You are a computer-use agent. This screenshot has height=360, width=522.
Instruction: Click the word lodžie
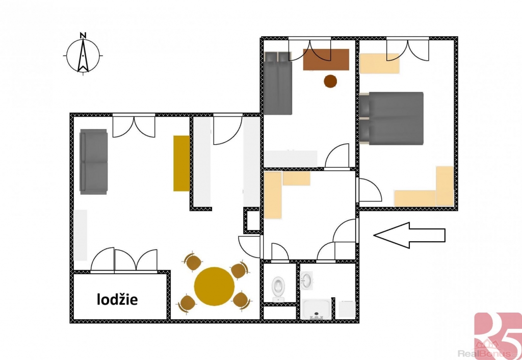pyautogui.click(x=117, y=299)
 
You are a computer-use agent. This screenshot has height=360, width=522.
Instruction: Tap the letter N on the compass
pyautogui.click(x=83, y=35)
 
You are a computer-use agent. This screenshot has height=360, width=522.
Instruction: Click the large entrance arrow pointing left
pyautogui.click(x=409, y=236)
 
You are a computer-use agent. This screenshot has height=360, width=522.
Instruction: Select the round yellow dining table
pyautogui.click(x=215, y=286)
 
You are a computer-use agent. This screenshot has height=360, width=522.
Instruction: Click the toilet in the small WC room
pyautogui.click(x=278, y=289)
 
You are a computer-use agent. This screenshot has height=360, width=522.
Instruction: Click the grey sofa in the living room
pyautogui.click(x=94, y=162)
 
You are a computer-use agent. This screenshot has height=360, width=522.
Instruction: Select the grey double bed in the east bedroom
pyautogui.click(x=391, y=119)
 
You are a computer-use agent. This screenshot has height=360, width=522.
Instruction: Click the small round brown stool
pyautogui.click(x=330, y=81)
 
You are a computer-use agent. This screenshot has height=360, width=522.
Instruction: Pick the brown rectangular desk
pyautogui.click(x=326, y=60)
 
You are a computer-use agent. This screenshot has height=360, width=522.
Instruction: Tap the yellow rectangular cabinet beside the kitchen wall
pyautogui.click(x=181, y=163)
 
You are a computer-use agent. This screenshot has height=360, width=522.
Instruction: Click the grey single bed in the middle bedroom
pyautogui.click(x=278, y=83)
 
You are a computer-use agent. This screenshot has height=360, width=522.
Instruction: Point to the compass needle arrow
pyautogui.click(x=83, y=56)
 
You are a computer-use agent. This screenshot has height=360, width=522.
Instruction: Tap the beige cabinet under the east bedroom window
pyautogui.click(x=379, y=63)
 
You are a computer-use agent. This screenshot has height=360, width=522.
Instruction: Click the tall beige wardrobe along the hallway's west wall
pyautogui.click(x=273, y=195)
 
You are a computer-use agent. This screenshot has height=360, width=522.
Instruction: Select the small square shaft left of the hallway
pyautogui.click(x=252, y=220)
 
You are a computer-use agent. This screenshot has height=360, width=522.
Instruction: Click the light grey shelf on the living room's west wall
pyautogui.click(x=80, y=235)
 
